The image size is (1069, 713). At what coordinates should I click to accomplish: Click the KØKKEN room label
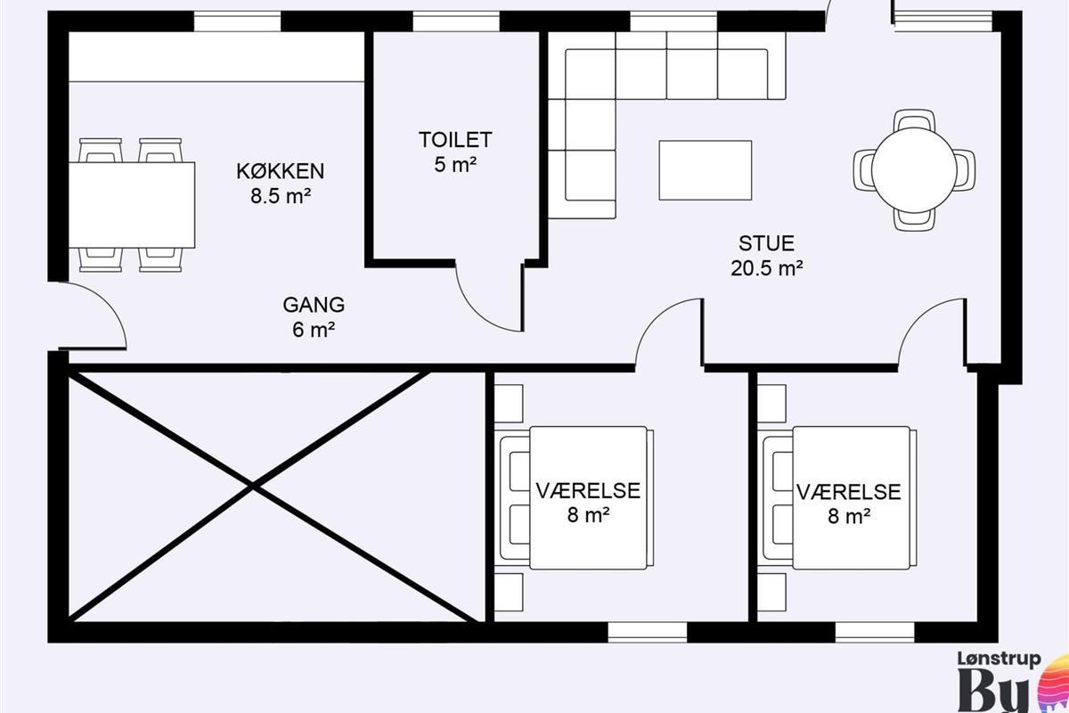click(281, 171)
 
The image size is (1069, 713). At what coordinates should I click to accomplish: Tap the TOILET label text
click(455, 140)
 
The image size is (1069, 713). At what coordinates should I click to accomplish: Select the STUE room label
click(766, 243)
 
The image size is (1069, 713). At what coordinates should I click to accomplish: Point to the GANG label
click(314, 305)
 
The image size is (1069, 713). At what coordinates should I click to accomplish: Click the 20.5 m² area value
click(766, 268)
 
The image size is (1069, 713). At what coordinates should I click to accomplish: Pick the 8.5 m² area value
click(281, 196)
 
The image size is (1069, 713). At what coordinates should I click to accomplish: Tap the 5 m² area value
click(455, 165)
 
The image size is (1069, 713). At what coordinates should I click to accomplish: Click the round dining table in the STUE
click(914, 169)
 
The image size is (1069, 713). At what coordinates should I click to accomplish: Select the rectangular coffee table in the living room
click(706, 170)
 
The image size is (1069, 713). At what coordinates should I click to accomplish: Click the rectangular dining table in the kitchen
click(132, 205)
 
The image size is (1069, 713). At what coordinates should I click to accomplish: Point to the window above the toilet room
click(456, 22)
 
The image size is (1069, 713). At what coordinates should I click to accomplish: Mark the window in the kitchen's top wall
click(237, 22)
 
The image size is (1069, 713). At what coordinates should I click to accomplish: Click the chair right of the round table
click(965, 170)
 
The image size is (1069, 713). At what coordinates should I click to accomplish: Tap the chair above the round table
click(914, 120)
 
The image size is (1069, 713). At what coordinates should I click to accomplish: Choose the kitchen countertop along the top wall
click(216, 57)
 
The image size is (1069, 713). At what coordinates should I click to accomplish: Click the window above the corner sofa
click(673, 22)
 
